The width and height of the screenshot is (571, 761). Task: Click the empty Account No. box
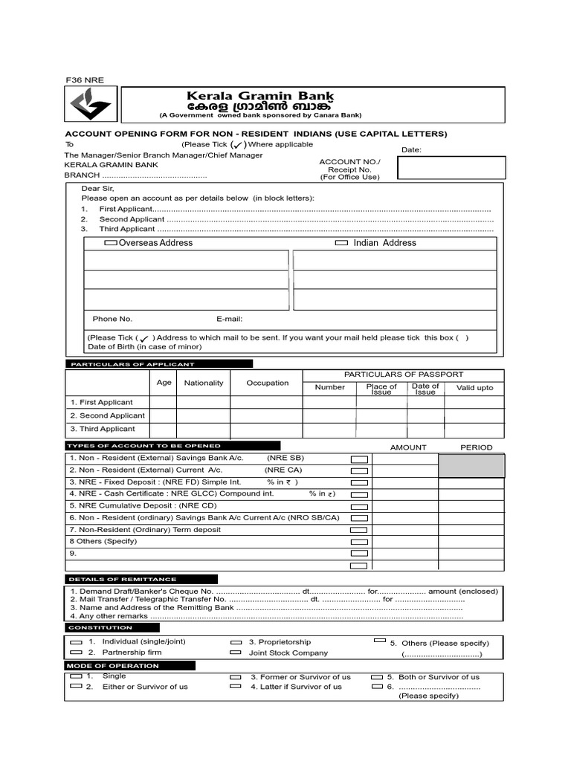(451, 168)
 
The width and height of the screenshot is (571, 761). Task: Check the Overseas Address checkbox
(110, 243)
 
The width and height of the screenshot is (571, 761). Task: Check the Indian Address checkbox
(341, 243)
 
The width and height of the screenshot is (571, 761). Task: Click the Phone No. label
(112, 319)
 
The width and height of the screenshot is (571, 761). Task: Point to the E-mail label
(230, 319)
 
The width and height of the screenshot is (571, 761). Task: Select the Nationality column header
(203, 383)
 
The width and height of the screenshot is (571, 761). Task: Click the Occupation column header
(267, 383)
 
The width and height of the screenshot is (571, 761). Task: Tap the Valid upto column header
(474, 388)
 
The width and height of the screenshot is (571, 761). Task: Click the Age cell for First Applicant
(164, 402)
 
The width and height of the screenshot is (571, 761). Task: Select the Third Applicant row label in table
(103, 429)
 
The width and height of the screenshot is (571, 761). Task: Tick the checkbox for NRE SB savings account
(359, 459)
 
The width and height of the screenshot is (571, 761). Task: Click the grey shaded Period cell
(471, 465)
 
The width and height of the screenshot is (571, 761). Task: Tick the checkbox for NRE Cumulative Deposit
(359, 506)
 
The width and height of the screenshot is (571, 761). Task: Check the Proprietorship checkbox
(236, 642)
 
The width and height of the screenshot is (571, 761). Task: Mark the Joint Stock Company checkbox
(236, 652)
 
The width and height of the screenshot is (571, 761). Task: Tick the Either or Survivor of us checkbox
(76, 687)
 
